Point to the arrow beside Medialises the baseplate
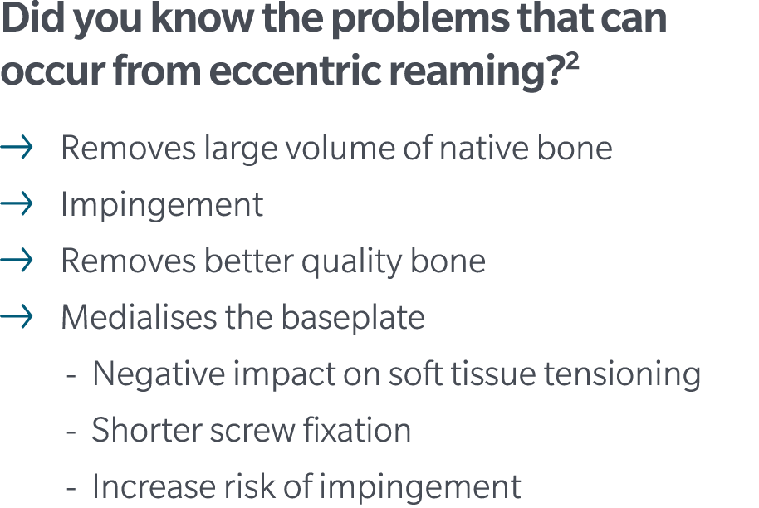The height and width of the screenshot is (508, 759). (17, 317)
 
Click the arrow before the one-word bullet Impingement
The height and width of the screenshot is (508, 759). (17, 204)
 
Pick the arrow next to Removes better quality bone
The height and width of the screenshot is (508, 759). (17, 261)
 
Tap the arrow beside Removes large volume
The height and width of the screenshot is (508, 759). (17, 149)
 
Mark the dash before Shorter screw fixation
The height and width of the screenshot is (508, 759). (72, 432)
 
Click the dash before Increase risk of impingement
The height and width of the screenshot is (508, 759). (72, 488)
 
